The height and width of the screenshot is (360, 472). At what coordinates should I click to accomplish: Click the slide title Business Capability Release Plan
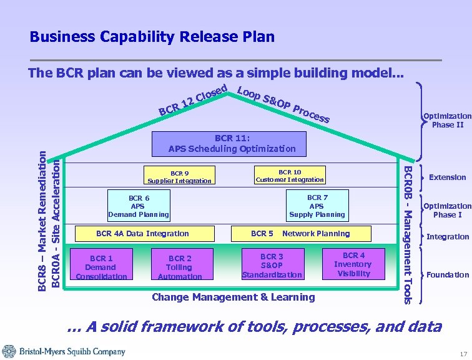[x=152, y=37]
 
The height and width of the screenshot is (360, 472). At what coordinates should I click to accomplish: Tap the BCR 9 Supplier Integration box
[x=179, y=176]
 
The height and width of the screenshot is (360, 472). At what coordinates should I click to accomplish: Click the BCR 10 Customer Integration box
[x=290, y=176]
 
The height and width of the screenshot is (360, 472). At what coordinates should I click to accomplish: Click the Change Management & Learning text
[x=234, y=297]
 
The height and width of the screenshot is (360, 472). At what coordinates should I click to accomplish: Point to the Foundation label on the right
[x=447, y=275]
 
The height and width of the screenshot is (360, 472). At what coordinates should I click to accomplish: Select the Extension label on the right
[x=447, y=177]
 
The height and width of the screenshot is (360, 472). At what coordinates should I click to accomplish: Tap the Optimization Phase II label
[x=447, y=120]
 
